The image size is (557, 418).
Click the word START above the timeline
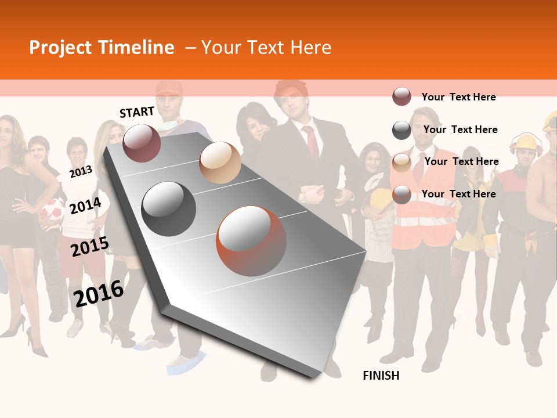(137, 112)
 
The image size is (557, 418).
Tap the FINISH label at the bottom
(381, 376)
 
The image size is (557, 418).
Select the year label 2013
(81, 171)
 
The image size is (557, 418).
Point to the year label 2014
(85, 206)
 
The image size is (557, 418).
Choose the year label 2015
(90, 247)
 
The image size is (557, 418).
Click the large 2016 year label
(99, 293)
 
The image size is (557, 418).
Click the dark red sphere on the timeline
(142, 143)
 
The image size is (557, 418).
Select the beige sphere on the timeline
(220, 163)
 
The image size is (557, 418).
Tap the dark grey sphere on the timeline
(169, 209)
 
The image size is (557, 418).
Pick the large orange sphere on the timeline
(251, 241)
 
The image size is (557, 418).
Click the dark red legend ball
(402, 96)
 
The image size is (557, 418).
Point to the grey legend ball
(402, 130)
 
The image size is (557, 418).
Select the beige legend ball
(402, 162)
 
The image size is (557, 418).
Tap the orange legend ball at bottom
(402, 194)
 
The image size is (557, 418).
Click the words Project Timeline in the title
(102, 48)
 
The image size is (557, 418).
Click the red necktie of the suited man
(312, 143)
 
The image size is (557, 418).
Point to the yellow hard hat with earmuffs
(526, 143)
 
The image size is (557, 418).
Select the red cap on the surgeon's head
(169, 88)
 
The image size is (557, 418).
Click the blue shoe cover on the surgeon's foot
(186, 362)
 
